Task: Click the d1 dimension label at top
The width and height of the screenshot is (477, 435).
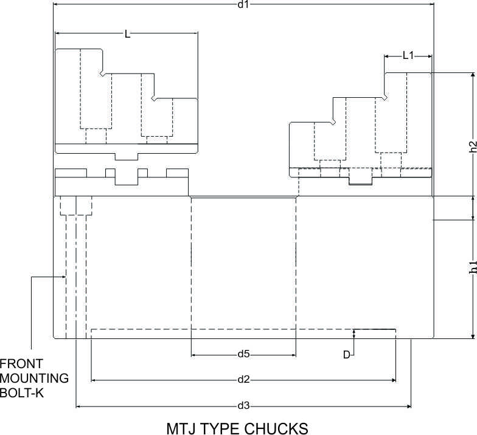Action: (x=243, y=4)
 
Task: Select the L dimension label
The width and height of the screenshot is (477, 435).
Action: (x=128, y=34)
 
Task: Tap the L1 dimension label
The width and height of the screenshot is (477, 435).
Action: (x=408, y=56)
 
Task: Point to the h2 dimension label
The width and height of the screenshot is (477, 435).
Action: (x=472, y=146)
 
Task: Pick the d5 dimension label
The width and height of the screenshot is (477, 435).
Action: (x=243, y=354)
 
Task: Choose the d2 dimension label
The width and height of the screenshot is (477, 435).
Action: (x=243, y=379)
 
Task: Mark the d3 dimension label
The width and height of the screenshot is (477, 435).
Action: (x=243, y=406)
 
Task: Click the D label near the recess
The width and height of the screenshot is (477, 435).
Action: (x=347, y=355)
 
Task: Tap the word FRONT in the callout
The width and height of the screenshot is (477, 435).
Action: (x=21, y=363)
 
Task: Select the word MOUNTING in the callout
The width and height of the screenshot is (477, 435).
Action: (x=34, y=378)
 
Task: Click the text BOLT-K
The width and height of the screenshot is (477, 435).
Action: (x=22, y=393)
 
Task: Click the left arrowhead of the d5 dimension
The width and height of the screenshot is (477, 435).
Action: (x=193, y=355)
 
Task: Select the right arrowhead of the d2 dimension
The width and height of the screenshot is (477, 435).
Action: (x=393, y=380)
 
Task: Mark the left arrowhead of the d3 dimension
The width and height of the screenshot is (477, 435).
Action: (x=78, y=406)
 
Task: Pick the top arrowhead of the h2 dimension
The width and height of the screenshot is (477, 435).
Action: (x=472, y=75)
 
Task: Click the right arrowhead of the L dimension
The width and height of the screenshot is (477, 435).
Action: (x=195, y=33)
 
